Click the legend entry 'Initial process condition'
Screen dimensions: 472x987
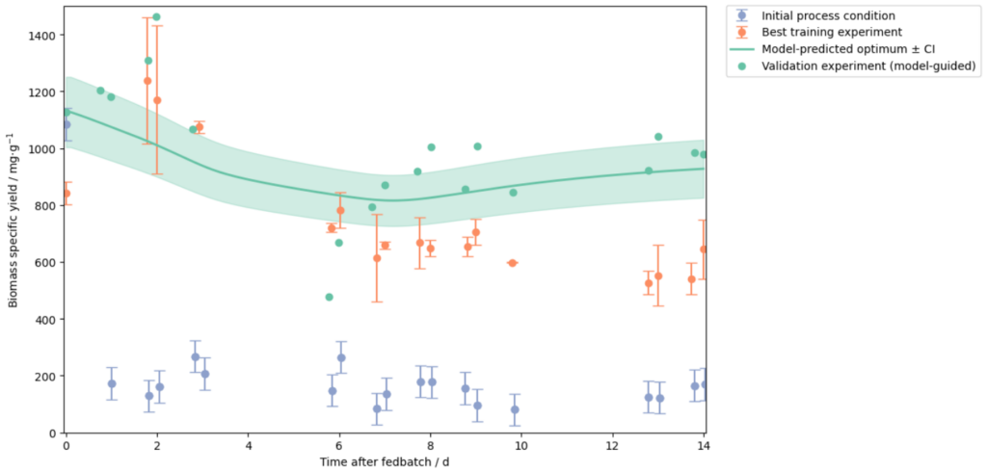(827, 15)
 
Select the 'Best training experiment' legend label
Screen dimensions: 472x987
(827, 32)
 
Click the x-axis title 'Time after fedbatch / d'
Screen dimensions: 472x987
(385, 463)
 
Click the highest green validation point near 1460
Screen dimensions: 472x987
(156, 17)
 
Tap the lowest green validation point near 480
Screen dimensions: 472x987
(329, 297)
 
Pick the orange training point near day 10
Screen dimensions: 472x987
(512, 263)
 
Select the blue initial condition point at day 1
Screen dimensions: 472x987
(112, 383)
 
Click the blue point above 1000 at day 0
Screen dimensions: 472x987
(67, 124)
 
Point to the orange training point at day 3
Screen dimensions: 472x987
(200, 127)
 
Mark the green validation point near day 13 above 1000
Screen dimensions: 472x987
(658, 137)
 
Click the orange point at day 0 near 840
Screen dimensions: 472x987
(67, 194)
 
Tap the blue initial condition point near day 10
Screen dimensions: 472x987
(515, 409)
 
